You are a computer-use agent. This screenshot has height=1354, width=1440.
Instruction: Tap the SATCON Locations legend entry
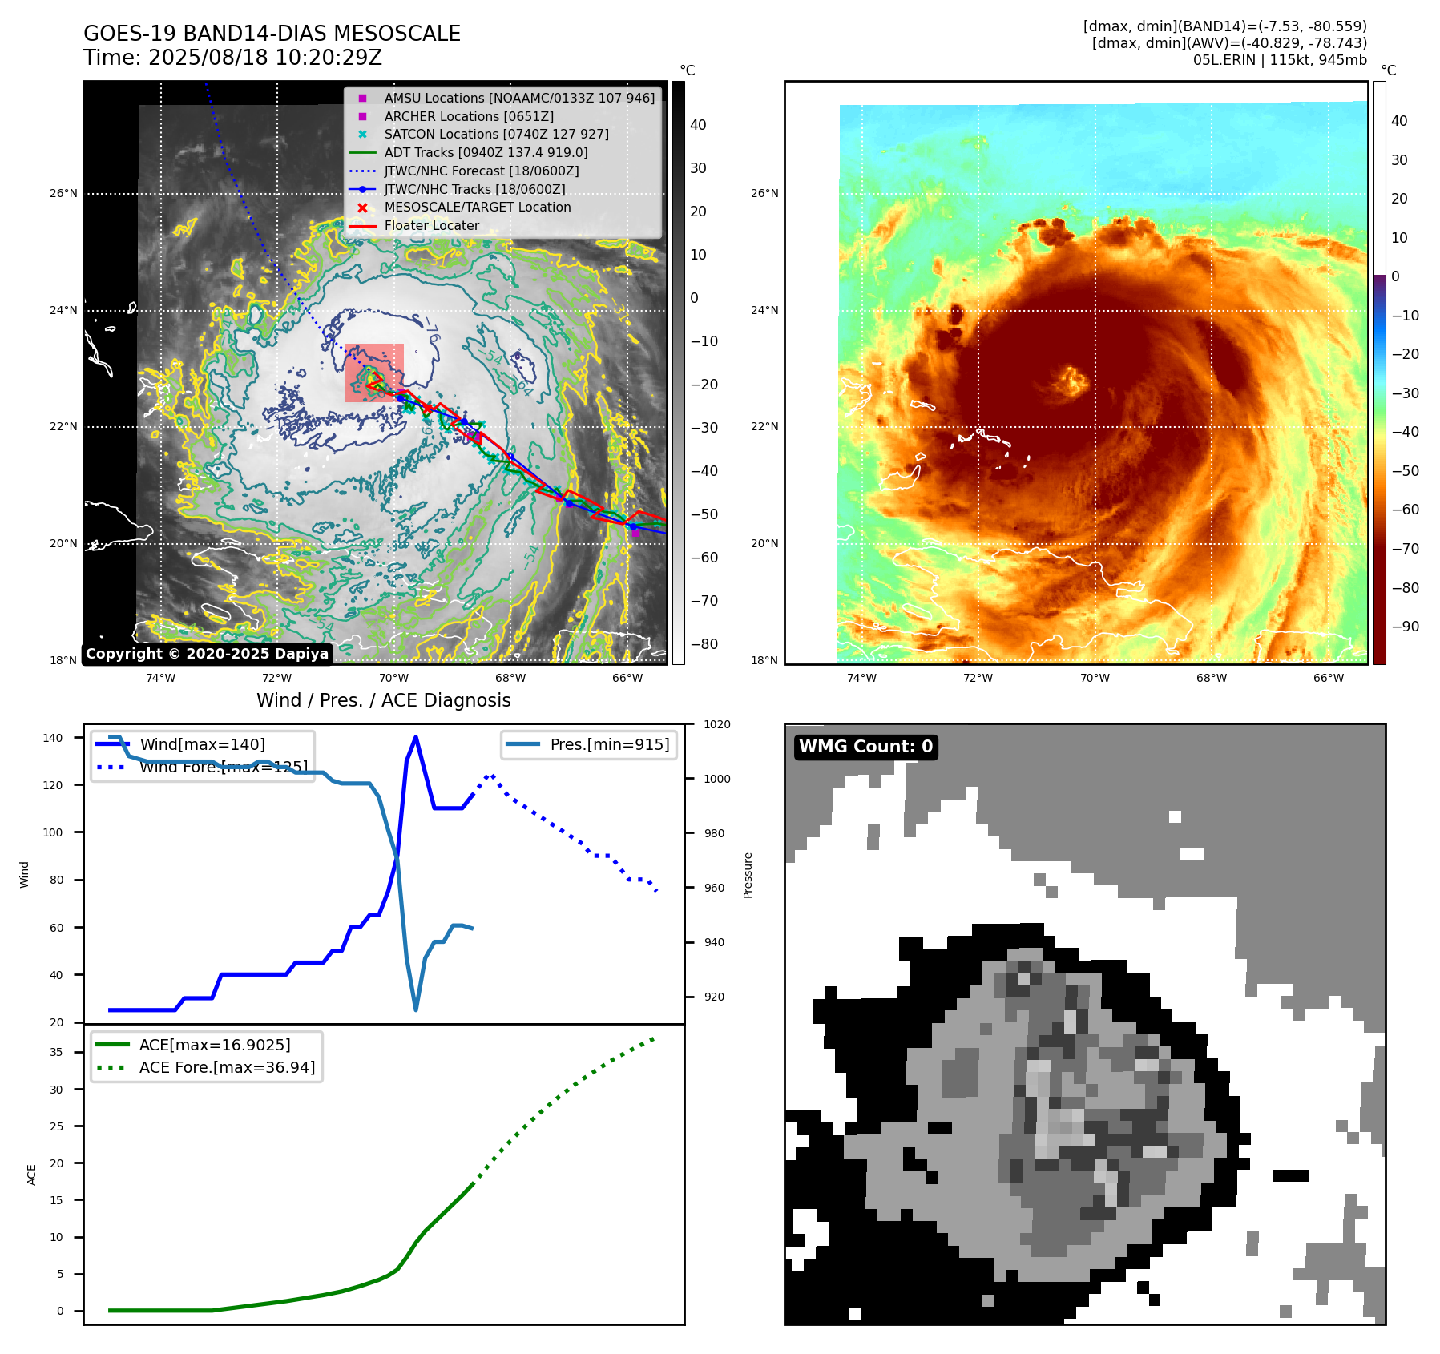pos(496,135)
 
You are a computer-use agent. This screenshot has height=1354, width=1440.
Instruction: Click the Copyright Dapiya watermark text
pos(207,654)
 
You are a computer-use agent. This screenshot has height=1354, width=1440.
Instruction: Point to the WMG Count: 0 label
pos(865,747)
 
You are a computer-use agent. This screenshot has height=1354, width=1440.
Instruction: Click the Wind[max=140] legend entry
pos(202,744)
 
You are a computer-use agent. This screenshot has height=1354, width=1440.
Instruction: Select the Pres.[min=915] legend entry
pos(609,744)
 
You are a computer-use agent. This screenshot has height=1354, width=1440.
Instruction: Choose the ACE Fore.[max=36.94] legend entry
pos(227,1067)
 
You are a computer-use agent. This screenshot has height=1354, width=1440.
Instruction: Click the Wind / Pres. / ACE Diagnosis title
pos(383,700)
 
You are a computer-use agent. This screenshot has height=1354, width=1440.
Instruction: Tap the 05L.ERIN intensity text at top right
pos(1280,60)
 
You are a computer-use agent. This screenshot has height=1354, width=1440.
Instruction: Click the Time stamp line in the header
pos(232,58)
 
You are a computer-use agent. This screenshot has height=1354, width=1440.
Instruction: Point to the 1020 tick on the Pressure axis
pos(717,724)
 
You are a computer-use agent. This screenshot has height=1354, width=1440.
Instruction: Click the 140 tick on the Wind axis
pos(53,738)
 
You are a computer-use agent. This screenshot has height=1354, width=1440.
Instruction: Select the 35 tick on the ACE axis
pos(56,1052)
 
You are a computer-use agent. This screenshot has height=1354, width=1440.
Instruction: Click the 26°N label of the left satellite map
pos(64,193)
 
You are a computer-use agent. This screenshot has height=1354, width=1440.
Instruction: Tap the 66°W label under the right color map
pos(1328,678)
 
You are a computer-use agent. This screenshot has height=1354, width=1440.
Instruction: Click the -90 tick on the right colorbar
pos(1405,627)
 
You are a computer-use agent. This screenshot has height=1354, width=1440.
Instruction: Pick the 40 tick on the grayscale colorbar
pos(698,125)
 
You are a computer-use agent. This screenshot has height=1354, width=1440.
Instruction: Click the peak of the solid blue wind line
pos(415,737)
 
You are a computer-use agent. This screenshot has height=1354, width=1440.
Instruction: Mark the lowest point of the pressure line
pos(416,1009)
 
